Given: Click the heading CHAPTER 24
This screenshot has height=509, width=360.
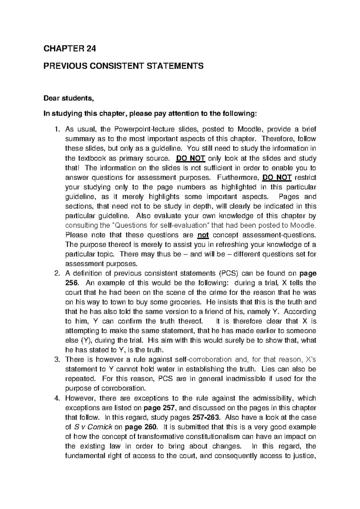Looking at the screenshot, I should point(70,49).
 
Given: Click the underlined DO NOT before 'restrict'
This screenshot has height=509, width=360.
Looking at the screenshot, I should point(277,177).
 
